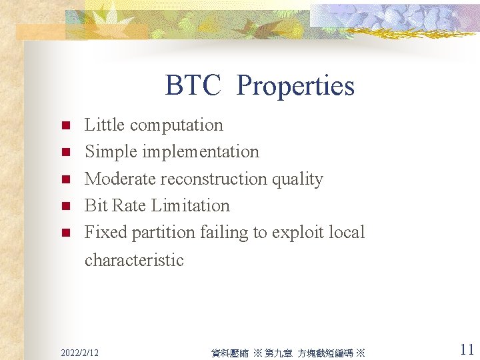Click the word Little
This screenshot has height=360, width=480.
point(104,125)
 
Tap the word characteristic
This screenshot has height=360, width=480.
point(134,260)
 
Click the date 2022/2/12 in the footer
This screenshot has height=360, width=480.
point(79,352)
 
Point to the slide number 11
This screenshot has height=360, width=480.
point(467,349)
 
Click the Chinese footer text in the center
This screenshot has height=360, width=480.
point(288,353)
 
